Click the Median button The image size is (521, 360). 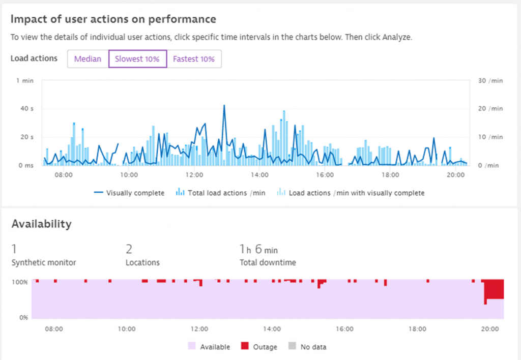pyautogui.click(x=88, y=59)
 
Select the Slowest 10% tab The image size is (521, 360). pyautogui.click(x=137, y=59)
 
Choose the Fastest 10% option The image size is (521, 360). pyautogui.click(x=194, y=59)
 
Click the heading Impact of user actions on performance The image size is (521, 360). pyautogui.click(x=113, y=19)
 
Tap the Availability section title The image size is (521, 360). pyautogui.click(x=41, y=224)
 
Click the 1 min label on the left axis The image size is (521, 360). pyautogui.click(x=25, y=81)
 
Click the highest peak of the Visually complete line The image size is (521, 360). pyautogui.click(x=224, y=106)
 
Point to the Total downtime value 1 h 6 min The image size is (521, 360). pyautogui.click(x=259, y=250)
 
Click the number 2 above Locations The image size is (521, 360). pyautogui.click(x=129, y=249)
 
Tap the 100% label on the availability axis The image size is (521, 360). pyautogui.click(x=20, y=282)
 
